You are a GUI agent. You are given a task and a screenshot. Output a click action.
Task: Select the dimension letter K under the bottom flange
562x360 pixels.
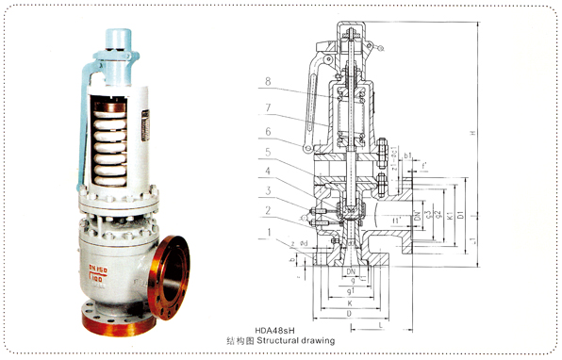coord(350,302)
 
